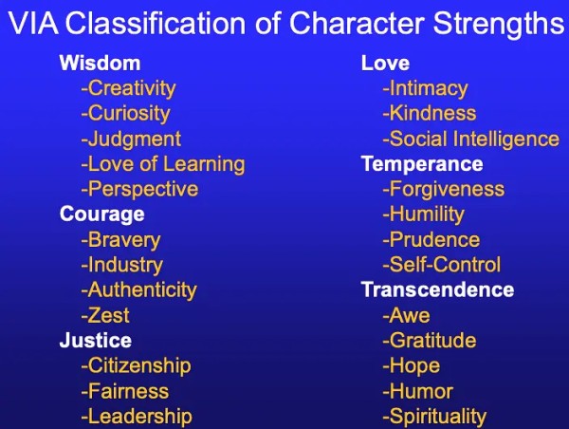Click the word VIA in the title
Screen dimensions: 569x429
(32, 23)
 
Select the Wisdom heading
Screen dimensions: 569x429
(100, 63)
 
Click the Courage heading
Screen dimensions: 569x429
(102, 214)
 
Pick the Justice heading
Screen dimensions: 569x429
(96, 341)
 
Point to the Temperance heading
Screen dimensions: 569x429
(422, 164)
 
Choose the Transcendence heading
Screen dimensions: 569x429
(438, 289)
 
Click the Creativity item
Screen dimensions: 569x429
(128, 89)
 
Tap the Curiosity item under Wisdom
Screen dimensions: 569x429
(125, 114)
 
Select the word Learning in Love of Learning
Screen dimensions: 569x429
(204, 165)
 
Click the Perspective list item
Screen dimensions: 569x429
(139, 190)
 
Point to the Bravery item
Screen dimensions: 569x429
(120, 240)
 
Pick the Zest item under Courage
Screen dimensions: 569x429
(105, 315)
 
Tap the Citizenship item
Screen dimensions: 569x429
(136, 365)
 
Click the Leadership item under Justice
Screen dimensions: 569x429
(137, 417)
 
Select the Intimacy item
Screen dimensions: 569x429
(425, 89)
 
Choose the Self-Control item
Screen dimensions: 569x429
(442, 265)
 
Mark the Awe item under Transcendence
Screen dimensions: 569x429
(407, 315)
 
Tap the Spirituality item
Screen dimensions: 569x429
(434, 417)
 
